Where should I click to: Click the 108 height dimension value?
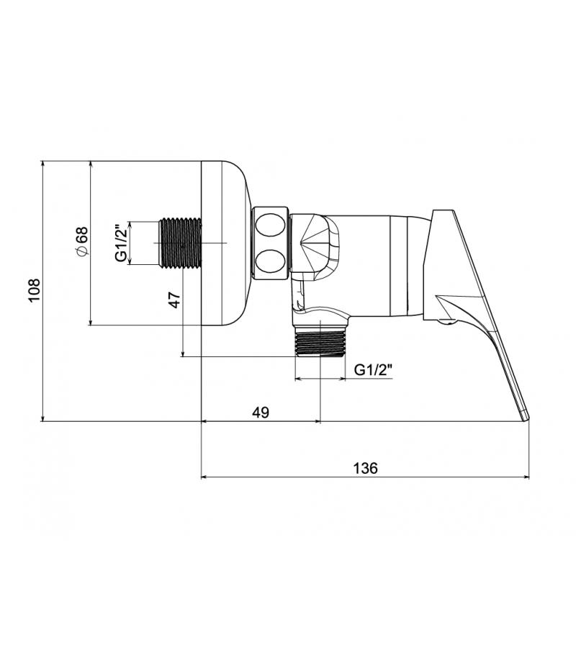pyautogui.click(x=35, y=290)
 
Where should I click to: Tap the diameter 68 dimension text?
pyautogui.click(x=82, y=241)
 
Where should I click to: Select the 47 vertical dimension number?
pyautogui.click(x=175, y=300)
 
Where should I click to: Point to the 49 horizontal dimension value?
pyautogui.click(x=261, y=412)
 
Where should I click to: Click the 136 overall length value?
pyautogui.click(x=365, y=468)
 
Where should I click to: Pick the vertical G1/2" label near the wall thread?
pyautogui.click(x=121, y=243)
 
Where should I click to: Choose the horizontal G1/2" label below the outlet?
pyautogui.click(x=373, y=369)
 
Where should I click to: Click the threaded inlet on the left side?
pyautogui.click(x=181, y=243)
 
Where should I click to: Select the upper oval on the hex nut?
pyautogui.click(x=270, y=225)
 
